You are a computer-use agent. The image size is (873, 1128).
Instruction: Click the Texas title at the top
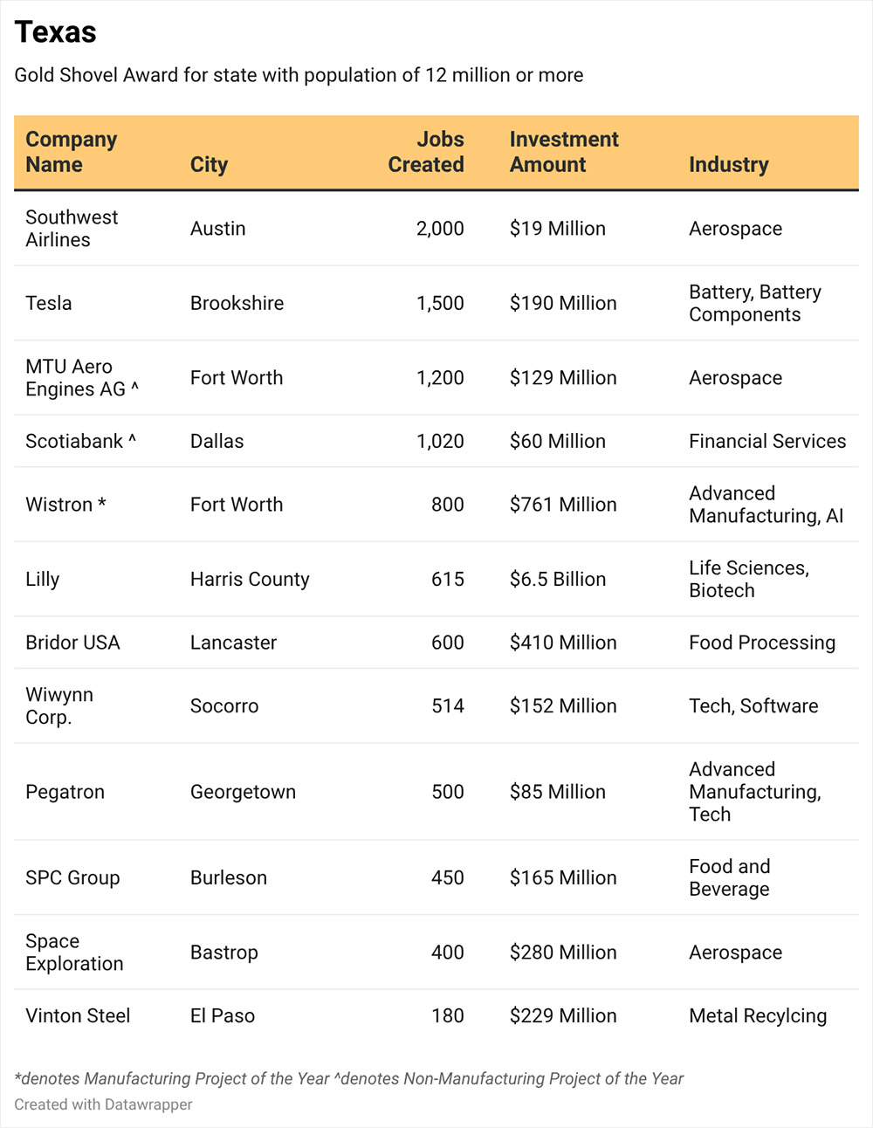pyautogui.click(x=56, y=32)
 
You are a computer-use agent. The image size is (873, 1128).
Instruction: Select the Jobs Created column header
pyautogui.click(x=426, y=152)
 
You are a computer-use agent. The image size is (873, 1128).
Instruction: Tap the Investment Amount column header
pyautogui.click(x=564, y=152)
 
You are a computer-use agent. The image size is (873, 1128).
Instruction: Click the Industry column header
pyautogui.click(x=729, y=164)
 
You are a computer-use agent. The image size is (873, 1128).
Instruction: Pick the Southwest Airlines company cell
pyautogui.click(x=72, y=229)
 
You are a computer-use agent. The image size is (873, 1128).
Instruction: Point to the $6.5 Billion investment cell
pyautogui.click(x=558, y=579)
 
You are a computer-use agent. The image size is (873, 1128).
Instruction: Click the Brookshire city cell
pyautogui.click(x=237, y=303)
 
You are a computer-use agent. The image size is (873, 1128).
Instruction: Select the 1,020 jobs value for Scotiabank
pyautogui.click(x=440, y=441)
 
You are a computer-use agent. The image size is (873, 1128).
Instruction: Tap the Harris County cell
pyautogui.click(x=250, y=579)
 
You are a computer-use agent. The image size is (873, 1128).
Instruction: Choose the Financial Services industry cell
pyautogui.click(x=767, y=441)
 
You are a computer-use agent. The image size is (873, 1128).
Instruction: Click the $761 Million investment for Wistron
pyautogui.click(x=563, y=505)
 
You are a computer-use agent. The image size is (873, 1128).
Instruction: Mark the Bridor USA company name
pyautogui.click(x=72, y=643)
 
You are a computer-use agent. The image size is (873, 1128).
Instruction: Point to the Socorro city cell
pyautogui.click(x=224, y=706)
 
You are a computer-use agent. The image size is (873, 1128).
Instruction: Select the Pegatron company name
pyautogui.click(x=65, y=792)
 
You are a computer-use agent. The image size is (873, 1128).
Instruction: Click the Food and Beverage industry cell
pyautogui.click(x=729, y=877)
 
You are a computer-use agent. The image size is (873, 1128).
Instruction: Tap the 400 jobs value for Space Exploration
pyautogui.click(x=447, y=953)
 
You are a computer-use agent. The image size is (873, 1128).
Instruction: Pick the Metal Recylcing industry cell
pyautogui.click(x=758, y=1016)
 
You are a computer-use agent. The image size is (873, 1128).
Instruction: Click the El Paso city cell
pyautogui.click(x=223, y=1016)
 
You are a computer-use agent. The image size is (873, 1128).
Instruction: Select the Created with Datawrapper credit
pyautogui.click(x=103, y=1104)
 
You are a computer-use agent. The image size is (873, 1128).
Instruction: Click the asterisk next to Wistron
pyautogui.click(x=102, y=502)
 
